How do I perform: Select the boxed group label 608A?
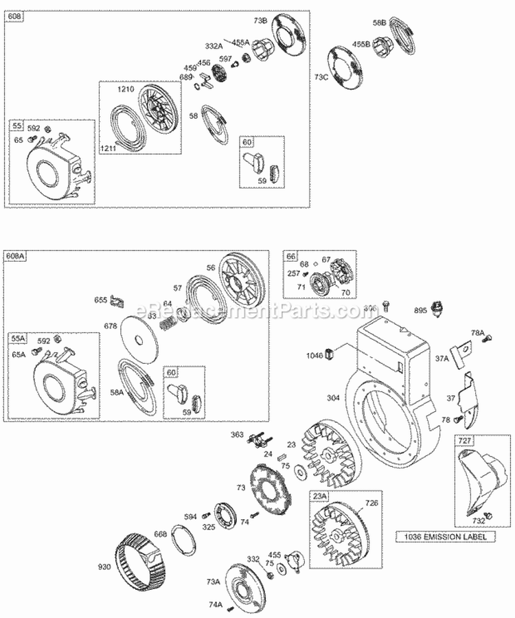click(18, 257)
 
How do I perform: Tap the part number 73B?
click(260, 21)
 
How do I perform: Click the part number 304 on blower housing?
click(332, 398)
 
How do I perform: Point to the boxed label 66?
click(291, 256)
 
